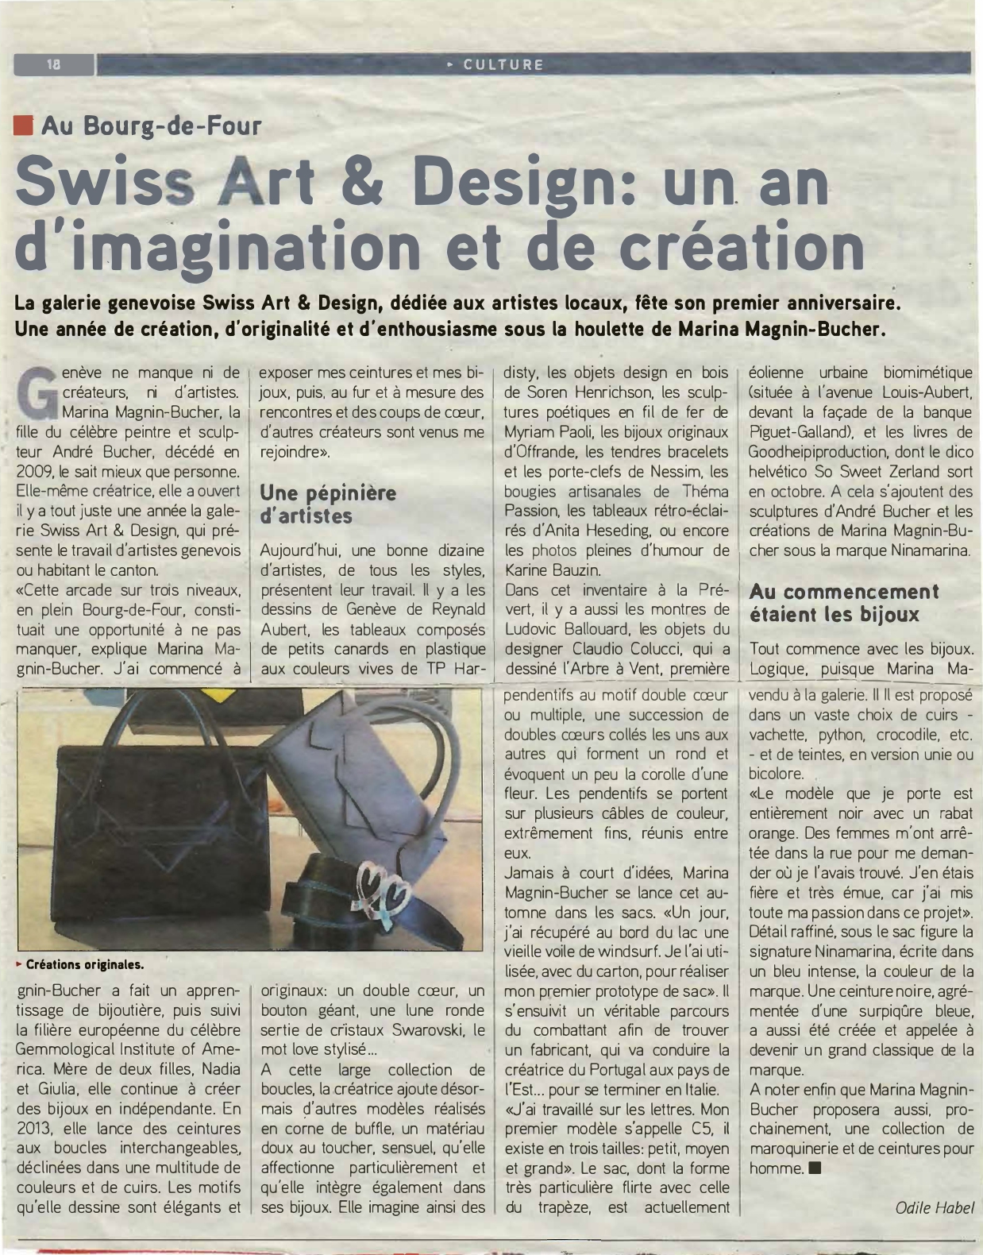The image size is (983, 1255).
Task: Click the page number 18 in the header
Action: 54,64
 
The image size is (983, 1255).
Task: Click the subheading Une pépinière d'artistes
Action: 328,504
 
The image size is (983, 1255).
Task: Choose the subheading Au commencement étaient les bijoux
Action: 843,603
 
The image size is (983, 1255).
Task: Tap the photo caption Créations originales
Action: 85,965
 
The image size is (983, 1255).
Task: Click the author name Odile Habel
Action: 934,1207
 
